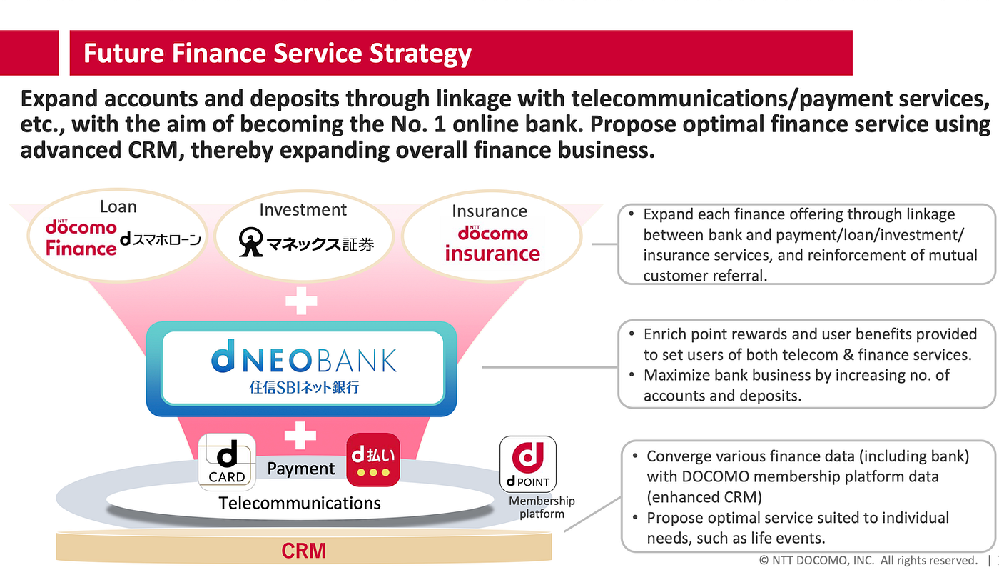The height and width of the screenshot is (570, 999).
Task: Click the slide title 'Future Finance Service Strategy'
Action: point(278,54)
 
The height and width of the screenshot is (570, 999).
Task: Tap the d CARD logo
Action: point(226,461)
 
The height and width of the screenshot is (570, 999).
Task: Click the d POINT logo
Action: point(528,464)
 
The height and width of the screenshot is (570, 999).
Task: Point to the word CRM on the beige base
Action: point(303,551)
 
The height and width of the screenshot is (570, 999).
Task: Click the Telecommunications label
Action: point(300,503)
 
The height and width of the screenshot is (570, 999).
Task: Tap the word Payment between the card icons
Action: point(300,469)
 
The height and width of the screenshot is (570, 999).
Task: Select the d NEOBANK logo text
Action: point(304,360)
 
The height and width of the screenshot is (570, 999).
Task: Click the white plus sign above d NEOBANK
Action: point(301,301)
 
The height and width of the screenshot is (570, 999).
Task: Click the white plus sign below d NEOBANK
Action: point(300,434)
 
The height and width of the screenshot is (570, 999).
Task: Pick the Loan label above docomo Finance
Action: point(118,207)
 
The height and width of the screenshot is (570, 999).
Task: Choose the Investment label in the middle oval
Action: point(303,209)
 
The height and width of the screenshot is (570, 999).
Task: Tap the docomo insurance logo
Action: point(492,244)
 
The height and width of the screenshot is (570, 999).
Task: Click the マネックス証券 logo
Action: point(306,243)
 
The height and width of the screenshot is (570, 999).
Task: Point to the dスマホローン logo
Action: point(161,240)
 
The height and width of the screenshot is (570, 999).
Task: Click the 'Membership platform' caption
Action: point(542,507)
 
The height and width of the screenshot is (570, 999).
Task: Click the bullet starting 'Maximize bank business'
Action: point(796,385)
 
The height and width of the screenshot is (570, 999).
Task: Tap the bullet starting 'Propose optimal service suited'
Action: point(797,527)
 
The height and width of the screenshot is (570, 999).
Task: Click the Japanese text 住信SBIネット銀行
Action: point(304,389)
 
